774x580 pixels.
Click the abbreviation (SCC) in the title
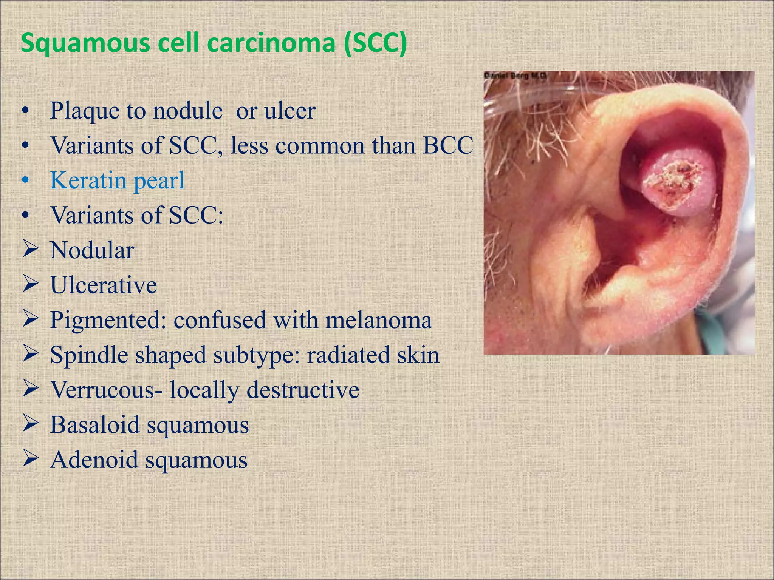point(376,43)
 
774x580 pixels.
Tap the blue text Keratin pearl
point(118,180)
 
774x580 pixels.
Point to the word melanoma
point(378,320)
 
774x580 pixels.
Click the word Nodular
point(92,250)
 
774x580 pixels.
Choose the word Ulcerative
point(104,285)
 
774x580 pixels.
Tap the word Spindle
point(89,355)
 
